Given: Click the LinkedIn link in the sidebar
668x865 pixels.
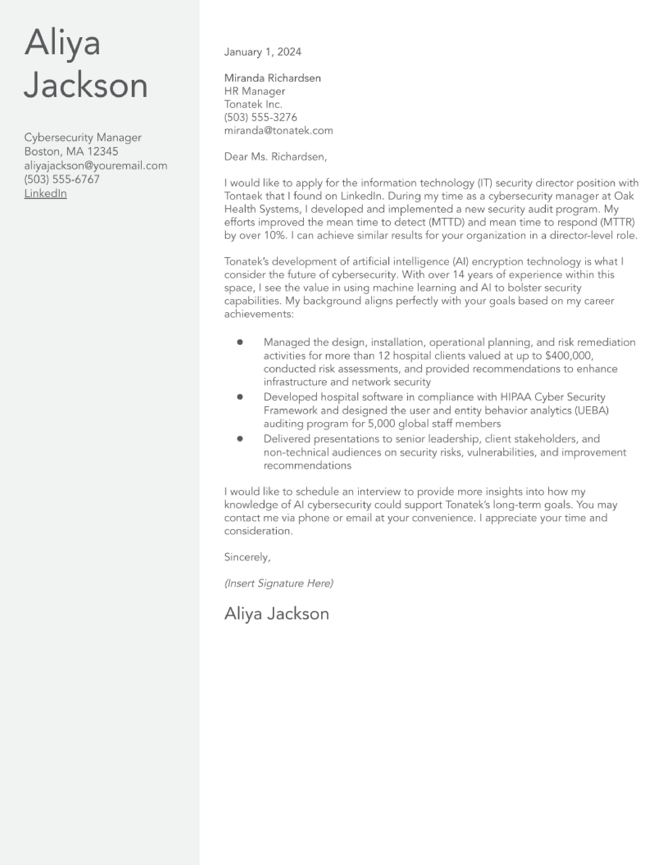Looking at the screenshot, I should [46, 193].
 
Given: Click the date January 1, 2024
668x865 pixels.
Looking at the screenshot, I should [262, 52].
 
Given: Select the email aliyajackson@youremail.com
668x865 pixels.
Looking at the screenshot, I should [96, 166].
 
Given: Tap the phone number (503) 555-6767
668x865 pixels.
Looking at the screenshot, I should [62, 179].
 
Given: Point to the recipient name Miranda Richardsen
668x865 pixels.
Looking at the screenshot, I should [272, 78].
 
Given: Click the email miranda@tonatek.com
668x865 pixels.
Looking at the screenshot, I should [278, 131].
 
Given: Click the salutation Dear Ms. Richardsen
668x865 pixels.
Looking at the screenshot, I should [275, 157].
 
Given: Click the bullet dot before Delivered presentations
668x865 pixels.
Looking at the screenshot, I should [240, 439].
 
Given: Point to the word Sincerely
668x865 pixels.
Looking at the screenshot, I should [247, 557].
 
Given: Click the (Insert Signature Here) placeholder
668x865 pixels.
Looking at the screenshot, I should [279, 583].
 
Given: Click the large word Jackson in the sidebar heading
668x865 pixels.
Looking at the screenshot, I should [86, 85].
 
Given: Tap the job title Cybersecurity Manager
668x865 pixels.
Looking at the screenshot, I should [83, 137].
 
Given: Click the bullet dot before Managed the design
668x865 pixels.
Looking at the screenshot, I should [240, 342].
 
